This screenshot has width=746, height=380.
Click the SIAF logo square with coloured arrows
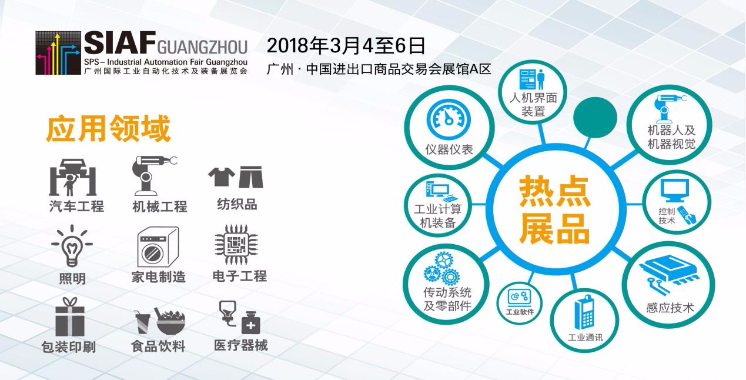pyautogui.click(x=58, y=53)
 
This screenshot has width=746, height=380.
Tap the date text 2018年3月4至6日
pyautogui.click(x=346, y=46)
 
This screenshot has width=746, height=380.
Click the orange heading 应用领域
pyautogui.click(x=108, y=129)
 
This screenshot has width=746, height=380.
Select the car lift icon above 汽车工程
pyautogui.click(x=73, y=177)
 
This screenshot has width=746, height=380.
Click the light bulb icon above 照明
pyautogui.click(x=72, y=246)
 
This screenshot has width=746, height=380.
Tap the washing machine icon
pyautogui.click(x=158, y=247)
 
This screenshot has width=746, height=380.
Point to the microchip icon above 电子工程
pyautogui.click(x=236, y=244)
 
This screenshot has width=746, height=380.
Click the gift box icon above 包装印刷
pyautogui.click(x=70, y=316)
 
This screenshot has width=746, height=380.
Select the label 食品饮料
pyautogui.click(x=158, y=346)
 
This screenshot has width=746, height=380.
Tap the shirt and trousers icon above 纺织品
pyautogui.click(x=236, y=176)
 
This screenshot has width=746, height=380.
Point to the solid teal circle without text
pyautogui.click(x=595, y=117)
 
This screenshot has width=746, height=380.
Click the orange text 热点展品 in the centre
pyautogui.click(x=554, y=210)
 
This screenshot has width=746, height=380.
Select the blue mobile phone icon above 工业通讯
pyautogui.click(x=584, y=312)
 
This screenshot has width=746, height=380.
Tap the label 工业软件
pyautogui.click(x=520, y=312)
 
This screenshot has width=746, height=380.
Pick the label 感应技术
pyautogui.click(x=670, y=308)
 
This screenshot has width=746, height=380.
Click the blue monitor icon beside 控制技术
pyautogui.click(x=675, y=191)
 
